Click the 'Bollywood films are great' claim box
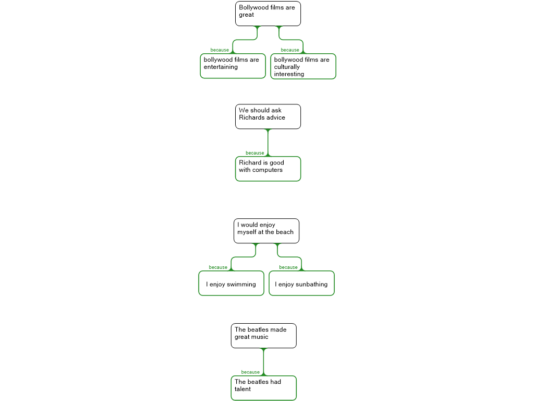(268, 14)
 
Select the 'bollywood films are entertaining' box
(233, 66)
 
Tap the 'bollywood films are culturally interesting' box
(303, 66)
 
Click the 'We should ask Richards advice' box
(268, 116)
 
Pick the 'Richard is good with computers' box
(268, 169)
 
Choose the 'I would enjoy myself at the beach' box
(266, 231)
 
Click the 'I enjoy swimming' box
(231, 283)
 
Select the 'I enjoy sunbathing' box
(302, 283)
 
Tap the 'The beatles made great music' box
(263, 336)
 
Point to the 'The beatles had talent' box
(263, 388)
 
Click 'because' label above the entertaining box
(220, 50)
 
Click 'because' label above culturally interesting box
(290, 50)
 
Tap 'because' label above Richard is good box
(254, 153)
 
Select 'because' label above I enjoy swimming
(218, 267)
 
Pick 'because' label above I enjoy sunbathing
(288, 267)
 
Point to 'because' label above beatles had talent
(250, 372)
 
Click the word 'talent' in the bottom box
(242, 389)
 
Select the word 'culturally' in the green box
(287, 67)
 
